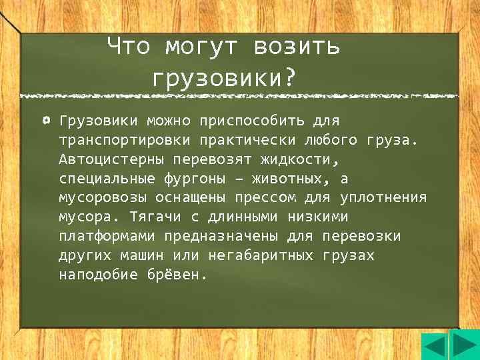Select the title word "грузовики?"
[223, 79]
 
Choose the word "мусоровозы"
[103, 199]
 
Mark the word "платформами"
[103, 237]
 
